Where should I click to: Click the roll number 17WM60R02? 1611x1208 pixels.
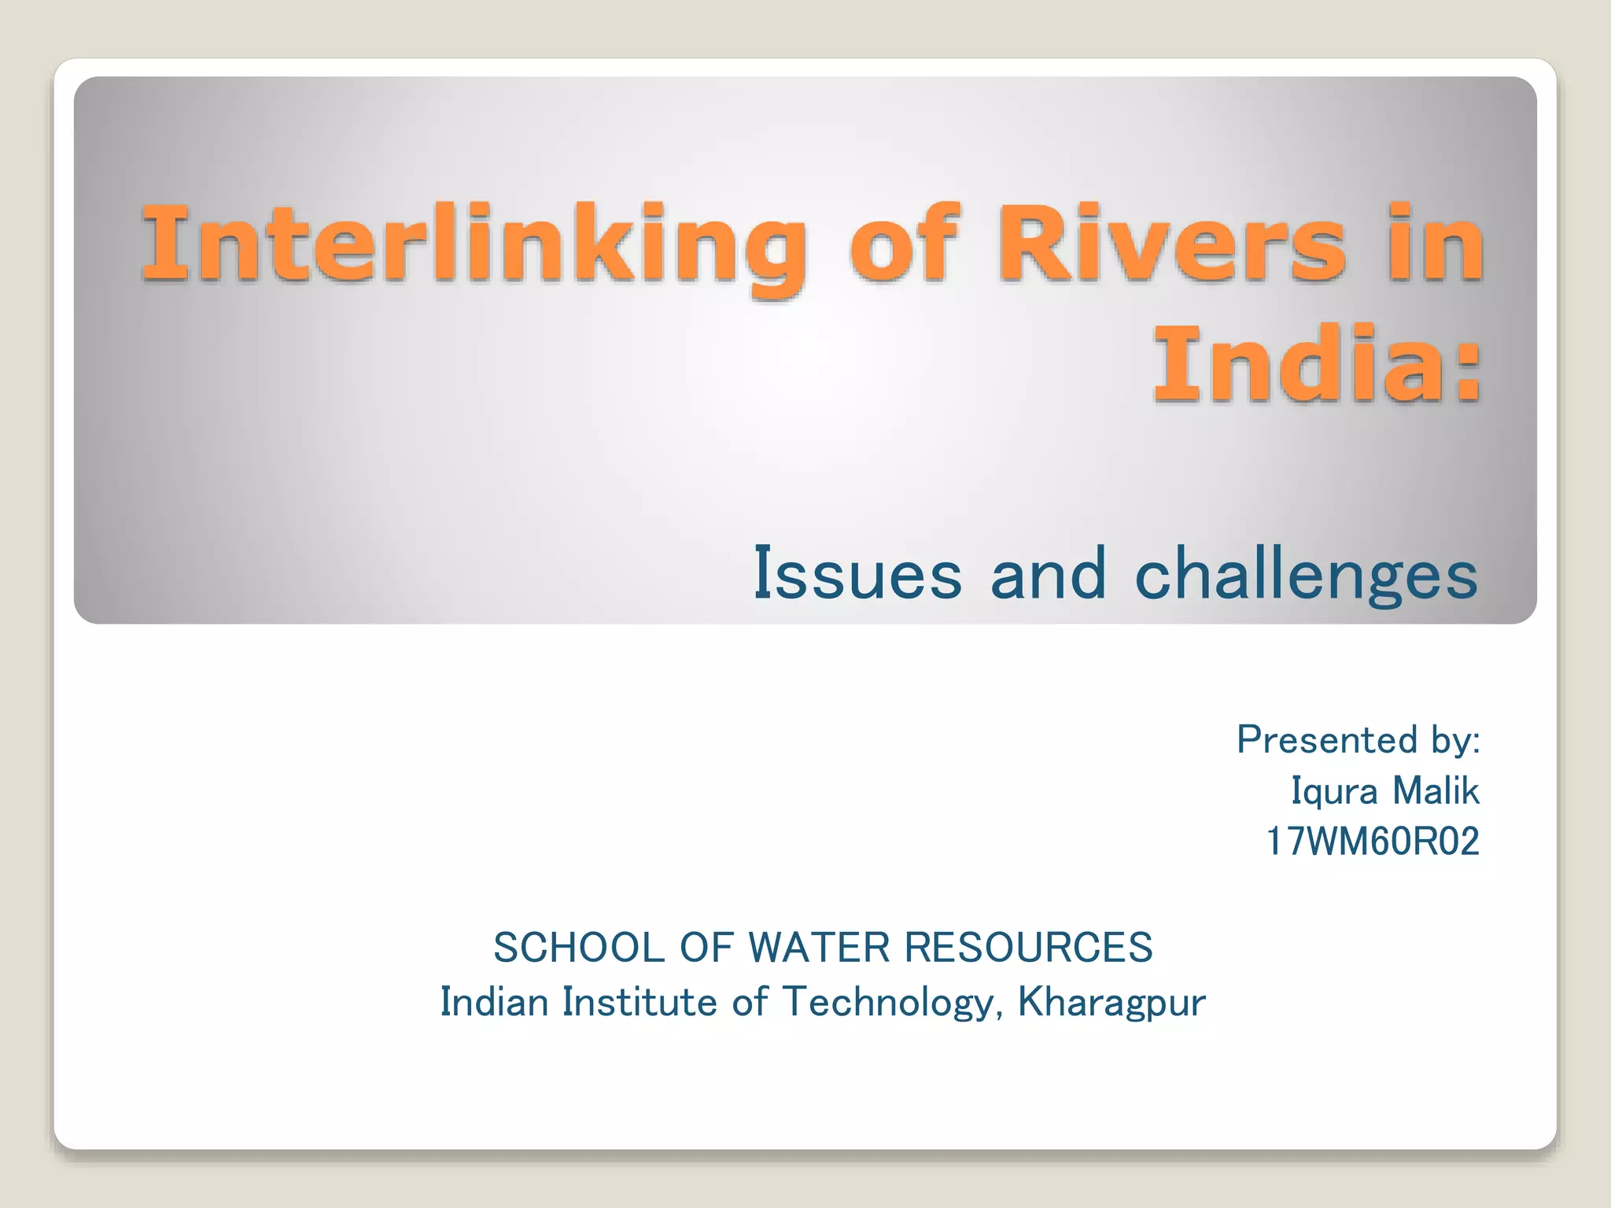click(x=1373, y=842)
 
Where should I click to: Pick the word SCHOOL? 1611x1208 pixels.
click(x=579, y=947)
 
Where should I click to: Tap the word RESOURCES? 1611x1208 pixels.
click(x=1028, y=947)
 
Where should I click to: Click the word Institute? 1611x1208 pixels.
click(x=640, y=1003)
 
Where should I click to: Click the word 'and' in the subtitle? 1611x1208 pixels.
click(x=1048, y=574)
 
